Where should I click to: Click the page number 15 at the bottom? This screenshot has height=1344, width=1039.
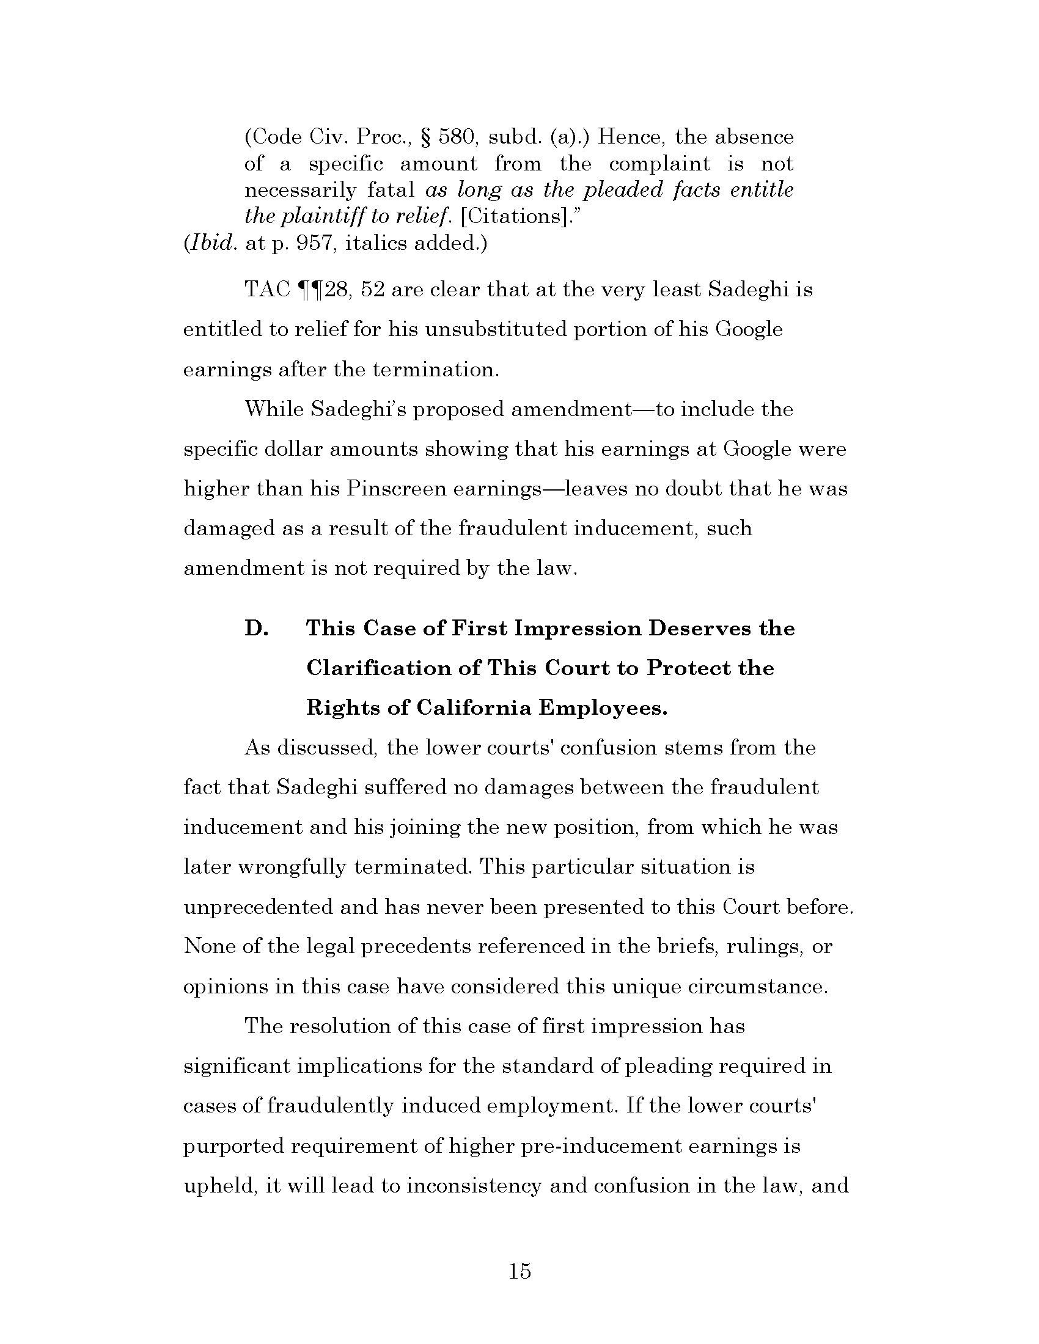(519, 1271)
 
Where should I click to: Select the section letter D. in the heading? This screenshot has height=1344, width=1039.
(256, 628)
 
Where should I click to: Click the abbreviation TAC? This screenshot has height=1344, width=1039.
(267, 289)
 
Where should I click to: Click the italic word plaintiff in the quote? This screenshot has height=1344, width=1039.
(319, 217)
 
